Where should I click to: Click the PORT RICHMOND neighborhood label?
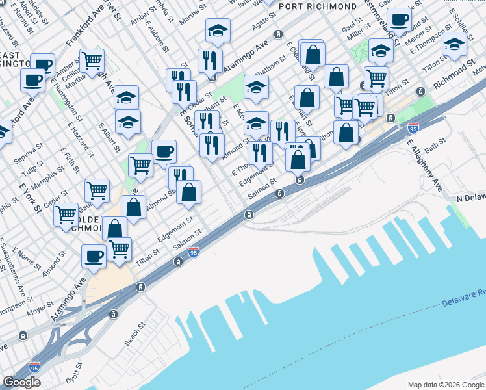(318, 6)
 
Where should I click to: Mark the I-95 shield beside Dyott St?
(34, 367)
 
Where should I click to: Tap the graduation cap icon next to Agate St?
(218, 30)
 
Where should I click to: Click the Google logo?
(21, 382)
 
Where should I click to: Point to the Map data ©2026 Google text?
(445, 385)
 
